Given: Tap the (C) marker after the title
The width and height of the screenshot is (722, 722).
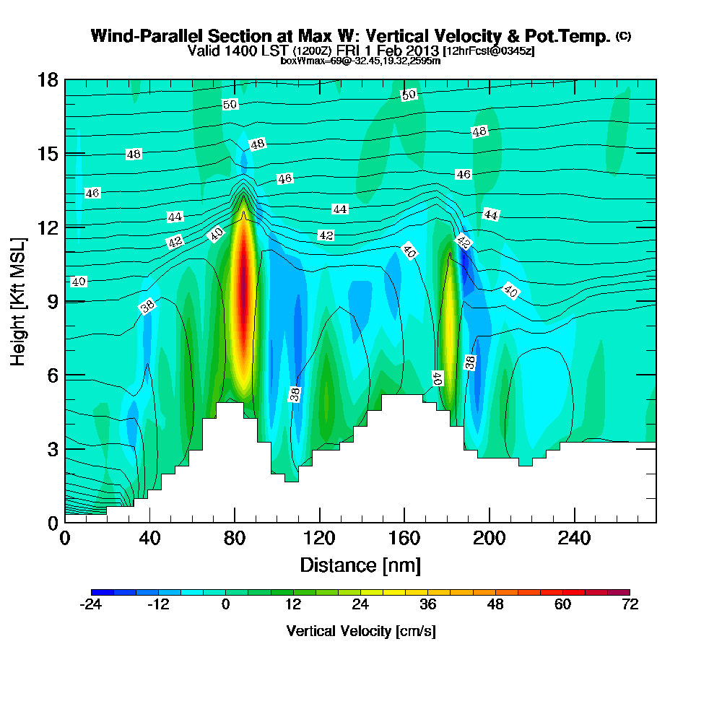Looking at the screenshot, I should [623, 35].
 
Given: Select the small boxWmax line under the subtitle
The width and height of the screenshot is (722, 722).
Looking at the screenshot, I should [360, 61].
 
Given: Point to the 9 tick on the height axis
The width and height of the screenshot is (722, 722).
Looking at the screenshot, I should [52, 301].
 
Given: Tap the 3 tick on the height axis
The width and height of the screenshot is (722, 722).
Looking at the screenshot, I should [52, 449].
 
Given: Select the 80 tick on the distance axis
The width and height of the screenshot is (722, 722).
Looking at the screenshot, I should [235, 539].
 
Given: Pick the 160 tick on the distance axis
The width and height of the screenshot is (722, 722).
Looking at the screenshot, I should [404, 539].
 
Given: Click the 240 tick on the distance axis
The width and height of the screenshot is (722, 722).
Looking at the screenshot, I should [574, 539].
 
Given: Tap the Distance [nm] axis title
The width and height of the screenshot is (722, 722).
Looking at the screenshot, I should [360, 565].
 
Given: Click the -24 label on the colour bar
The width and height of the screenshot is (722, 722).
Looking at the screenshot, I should [90, 605].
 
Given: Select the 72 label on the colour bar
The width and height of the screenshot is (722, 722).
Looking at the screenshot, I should [630, 605].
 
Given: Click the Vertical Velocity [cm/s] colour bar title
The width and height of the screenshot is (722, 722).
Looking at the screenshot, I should [360, 631].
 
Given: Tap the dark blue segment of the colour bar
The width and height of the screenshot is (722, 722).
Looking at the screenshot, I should [97, 592].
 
